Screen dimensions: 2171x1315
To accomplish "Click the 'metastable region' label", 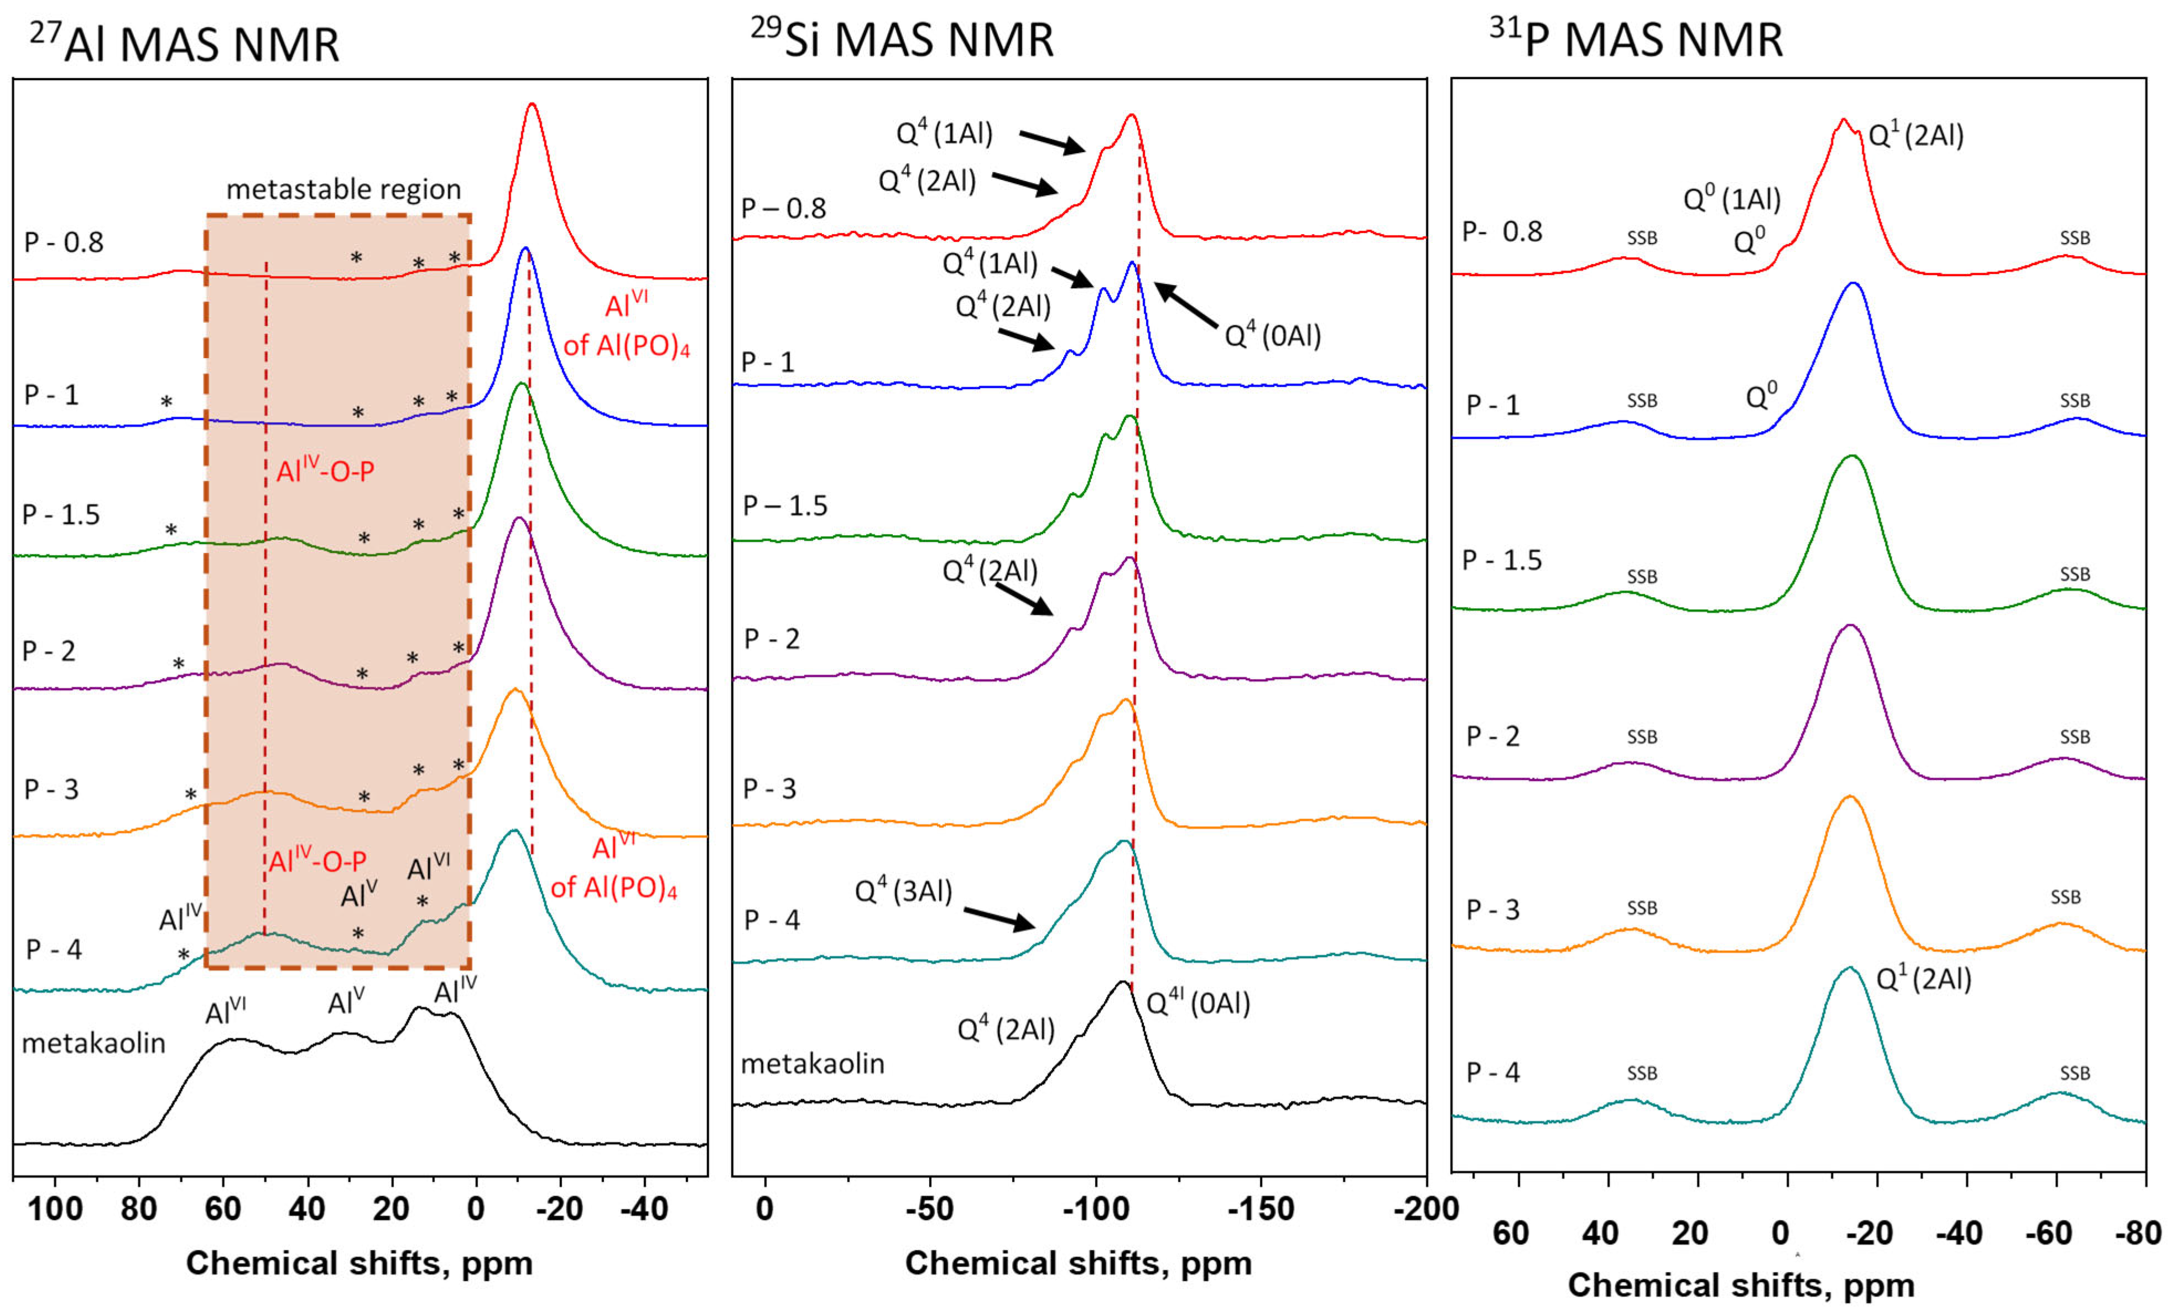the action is click(x=343, y=189).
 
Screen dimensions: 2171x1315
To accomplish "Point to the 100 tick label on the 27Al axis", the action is click(x=55, y=1208).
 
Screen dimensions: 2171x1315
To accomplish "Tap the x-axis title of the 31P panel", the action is click(x=1741, y=1286).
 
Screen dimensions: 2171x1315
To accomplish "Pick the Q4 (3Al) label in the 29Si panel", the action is click(x=904, y=891).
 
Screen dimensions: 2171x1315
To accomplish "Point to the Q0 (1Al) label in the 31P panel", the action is click(x=1732, y=199).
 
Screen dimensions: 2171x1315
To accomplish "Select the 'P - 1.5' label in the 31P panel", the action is click(x=1502, y=561).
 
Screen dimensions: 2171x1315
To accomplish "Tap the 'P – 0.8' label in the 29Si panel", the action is click(x=783, y=209).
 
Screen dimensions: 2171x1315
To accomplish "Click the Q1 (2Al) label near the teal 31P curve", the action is click(x=1923, y=979).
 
